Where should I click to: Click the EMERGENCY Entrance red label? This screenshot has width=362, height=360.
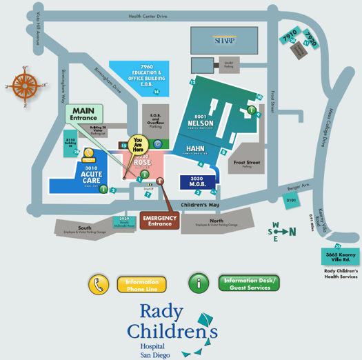point(159,220)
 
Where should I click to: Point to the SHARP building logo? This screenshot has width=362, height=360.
point(224,40)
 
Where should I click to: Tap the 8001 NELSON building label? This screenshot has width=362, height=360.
point(200,121)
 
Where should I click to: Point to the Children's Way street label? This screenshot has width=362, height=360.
point(200,205)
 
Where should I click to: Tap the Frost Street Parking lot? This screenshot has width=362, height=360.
point(247,163)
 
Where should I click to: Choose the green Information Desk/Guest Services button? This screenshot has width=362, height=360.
point(248,283)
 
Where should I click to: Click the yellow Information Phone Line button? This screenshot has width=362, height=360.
point(142,285)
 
